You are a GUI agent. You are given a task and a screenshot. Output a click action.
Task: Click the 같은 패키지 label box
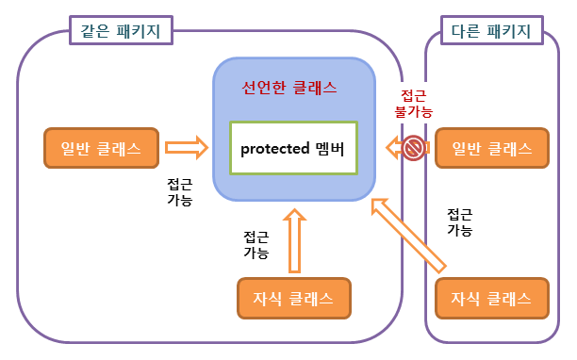(117, 30)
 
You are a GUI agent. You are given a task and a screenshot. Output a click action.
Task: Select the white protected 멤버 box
(293, 148)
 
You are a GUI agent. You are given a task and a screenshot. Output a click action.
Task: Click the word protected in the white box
(276, 148)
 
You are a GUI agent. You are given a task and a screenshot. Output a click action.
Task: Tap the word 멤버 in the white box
(331, 148)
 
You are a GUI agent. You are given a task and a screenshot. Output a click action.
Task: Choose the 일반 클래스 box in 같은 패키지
(100, 148)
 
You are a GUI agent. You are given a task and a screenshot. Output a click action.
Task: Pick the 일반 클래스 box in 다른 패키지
(490, 148)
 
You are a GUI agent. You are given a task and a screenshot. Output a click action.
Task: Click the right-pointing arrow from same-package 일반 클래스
(185, 147)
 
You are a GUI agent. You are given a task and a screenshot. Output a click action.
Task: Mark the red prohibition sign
(413, 148)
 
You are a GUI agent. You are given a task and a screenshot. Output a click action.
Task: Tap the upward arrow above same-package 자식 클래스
(294, 235)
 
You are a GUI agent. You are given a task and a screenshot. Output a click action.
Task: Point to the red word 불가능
(413, 111)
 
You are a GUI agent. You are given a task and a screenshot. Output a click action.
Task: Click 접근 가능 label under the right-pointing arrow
(179, 192)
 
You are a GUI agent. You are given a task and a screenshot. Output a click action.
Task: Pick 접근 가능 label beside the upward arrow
(256, 244)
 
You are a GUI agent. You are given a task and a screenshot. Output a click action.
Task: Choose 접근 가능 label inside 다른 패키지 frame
(459, 221)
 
